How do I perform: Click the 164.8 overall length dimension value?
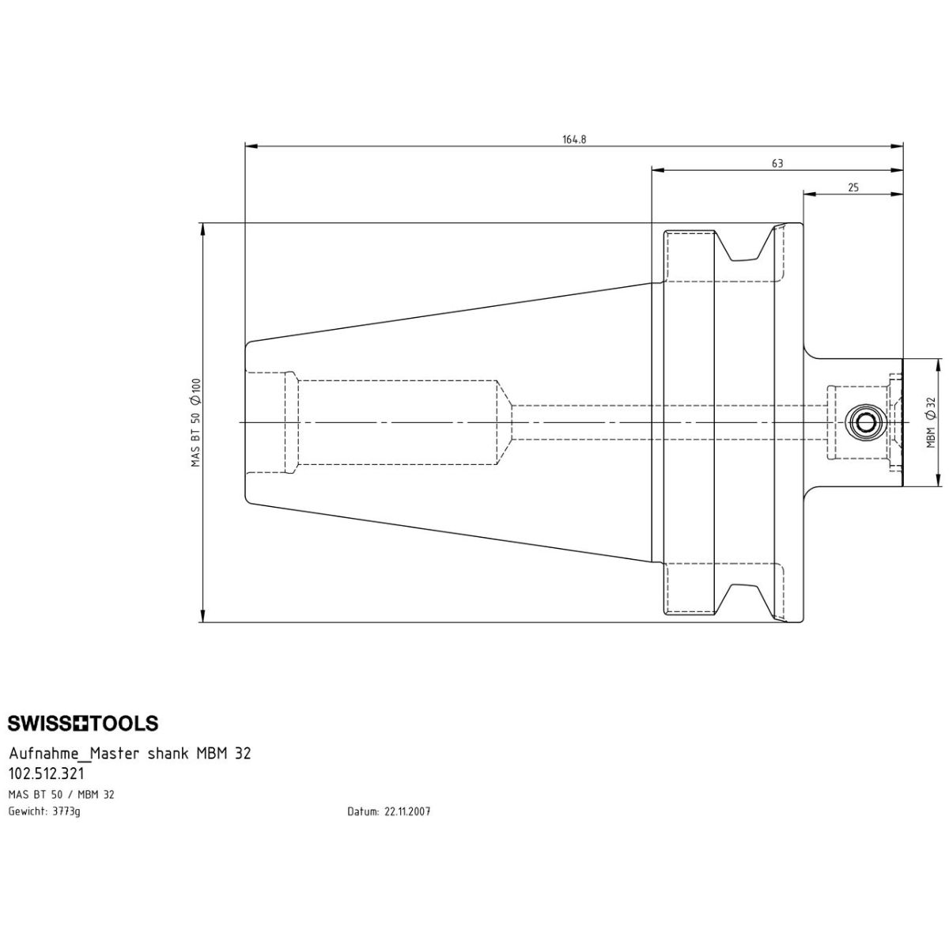[574, 139]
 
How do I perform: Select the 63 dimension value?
[777, 164]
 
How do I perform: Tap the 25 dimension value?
[853, 188]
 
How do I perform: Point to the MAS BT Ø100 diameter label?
[195, 422]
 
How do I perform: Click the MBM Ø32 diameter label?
[931, 422]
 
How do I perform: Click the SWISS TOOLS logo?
[83, 724]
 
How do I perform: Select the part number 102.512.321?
[47, 775]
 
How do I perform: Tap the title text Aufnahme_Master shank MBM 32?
[130, 754]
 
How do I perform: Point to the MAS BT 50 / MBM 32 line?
[61, 795]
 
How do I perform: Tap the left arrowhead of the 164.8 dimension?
[251, 146]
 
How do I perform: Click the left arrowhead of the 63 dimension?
[656, 169]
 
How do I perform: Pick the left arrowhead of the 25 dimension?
[809, 194]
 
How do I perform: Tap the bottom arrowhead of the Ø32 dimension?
[937, 481]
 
